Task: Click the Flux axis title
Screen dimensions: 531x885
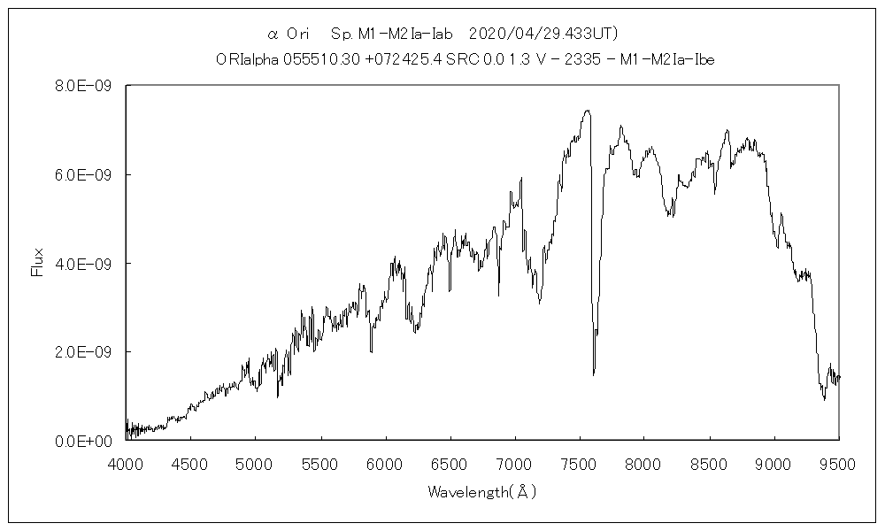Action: [37, 263]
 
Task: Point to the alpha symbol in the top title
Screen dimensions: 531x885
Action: [273, 34]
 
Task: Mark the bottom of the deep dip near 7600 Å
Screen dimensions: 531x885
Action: [594, 373]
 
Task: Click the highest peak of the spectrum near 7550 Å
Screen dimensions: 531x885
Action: [587, 111]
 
